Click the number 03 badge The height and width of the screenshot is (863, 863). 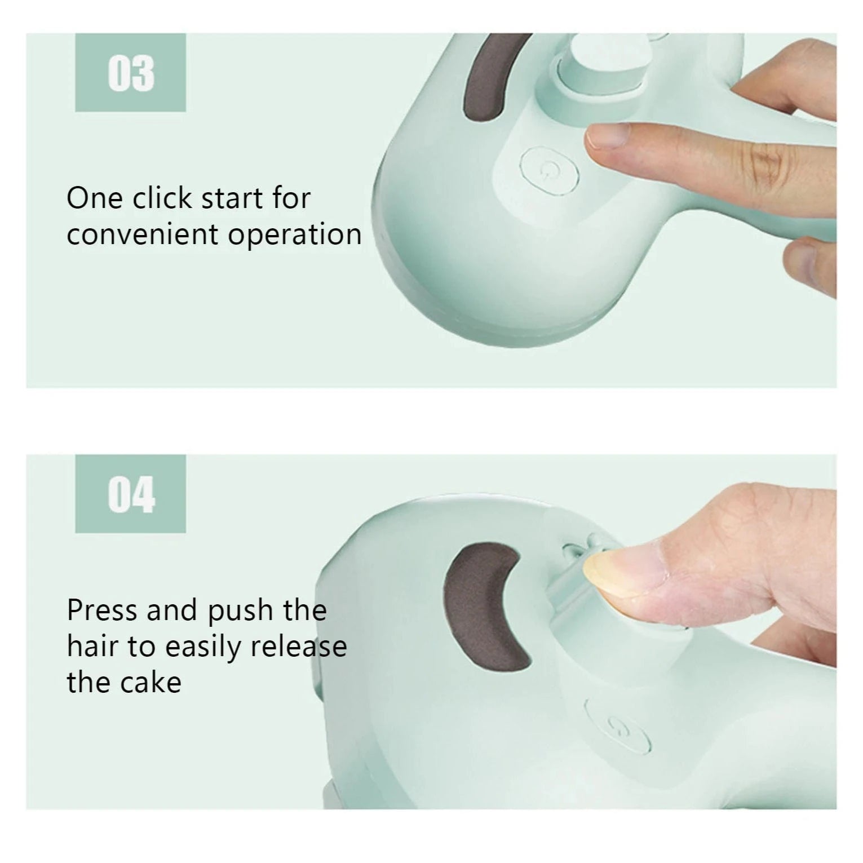pyautogui.click(x=130, y=73)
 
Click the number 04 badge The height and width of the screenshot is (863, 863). pyautogui.click(x=130, y=494)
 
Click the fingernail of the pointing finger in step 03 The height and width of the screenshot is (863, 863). pyautogui.click(x=608, y=136)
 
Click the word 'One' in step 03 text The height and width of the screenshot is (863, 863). pyautogui.click(x=94, y=198)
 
